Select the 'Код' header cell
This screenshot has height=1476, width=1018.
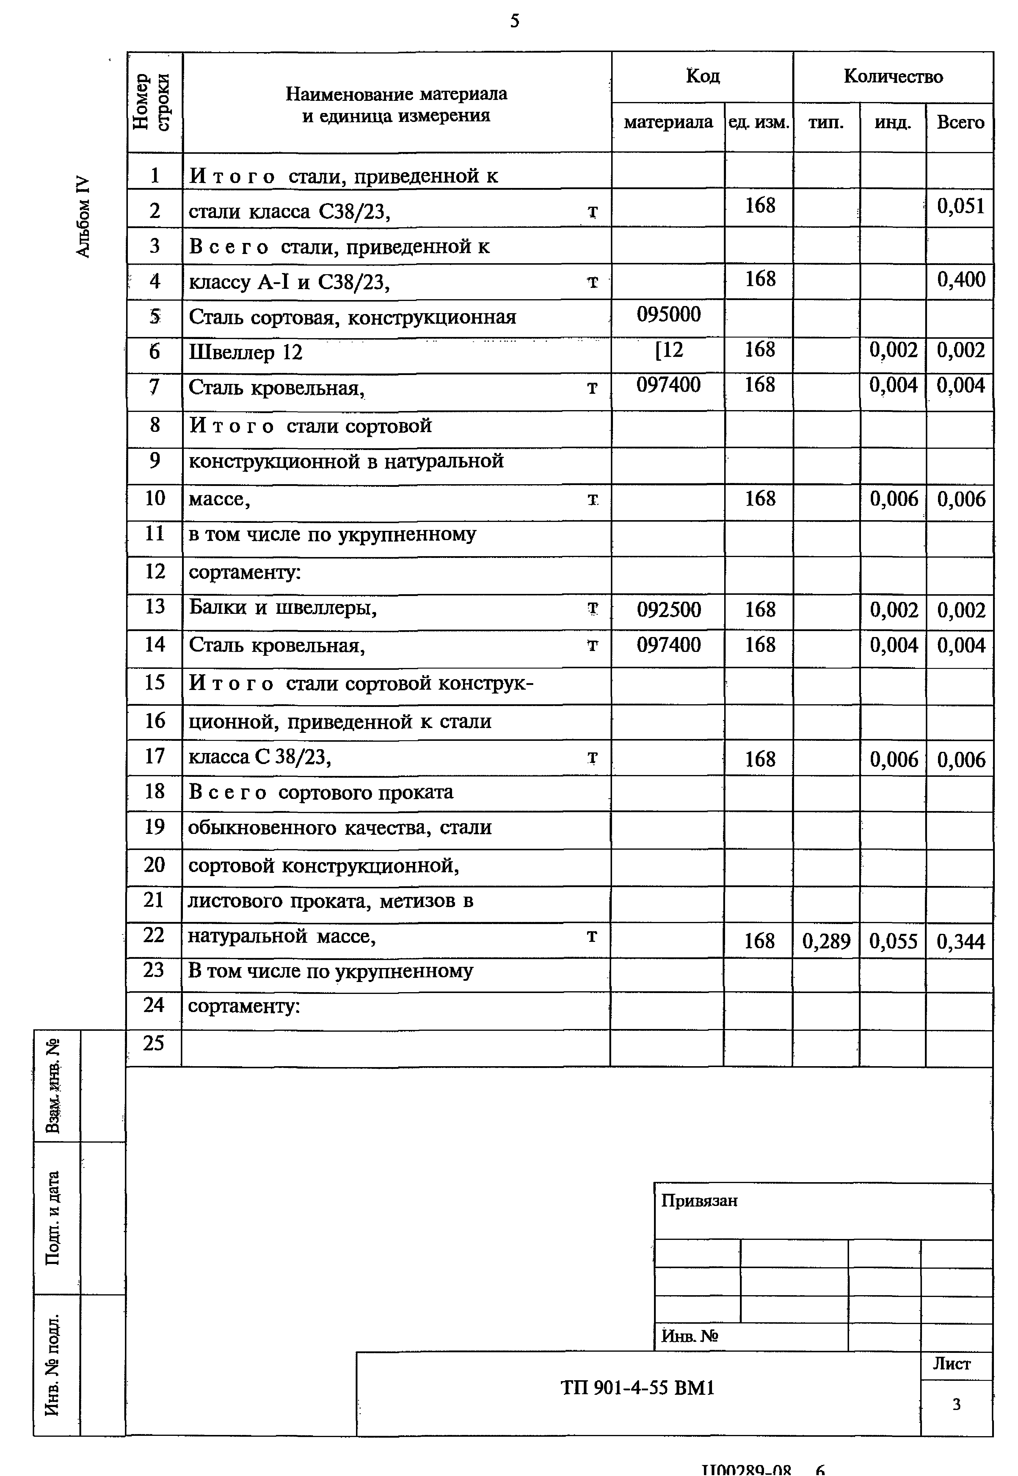click(x=702, y=76)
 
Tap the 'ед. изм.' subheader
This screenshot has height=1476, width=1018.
click(x=759, y=123)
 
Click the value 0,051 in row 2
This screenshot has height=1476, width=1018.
click(x=960, y=207)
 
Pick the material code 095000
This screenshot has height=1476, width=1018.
click(x=669, y=314)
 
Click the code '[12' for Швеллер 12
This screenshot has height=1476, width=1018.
click(x=669, y=349)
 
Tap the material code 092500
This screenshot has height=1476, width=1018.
click(x=669, y=610)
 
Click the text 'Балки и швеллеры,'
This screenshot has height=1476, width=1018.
click(x=283, y=608)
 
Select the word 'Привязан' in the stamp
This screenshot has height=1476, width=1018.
click(x=699, y=1201)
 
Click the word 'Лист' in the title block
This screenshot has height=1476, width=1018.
click(x=952, y=1364)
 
